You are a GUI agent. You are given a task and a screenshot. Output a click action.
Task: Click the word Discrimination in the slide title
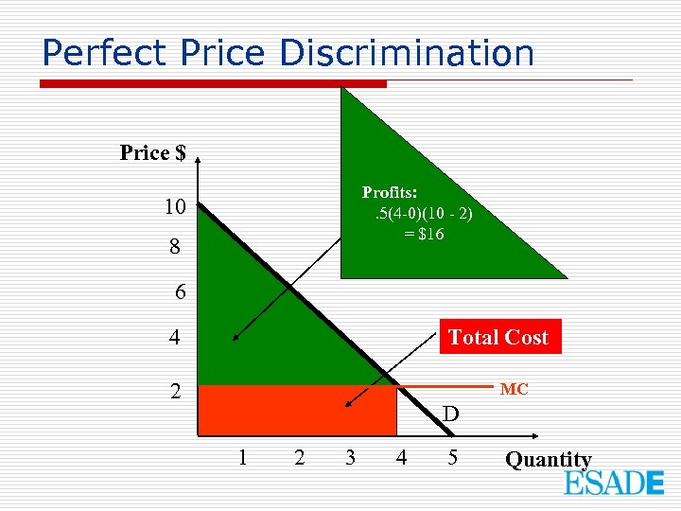click(407, 53)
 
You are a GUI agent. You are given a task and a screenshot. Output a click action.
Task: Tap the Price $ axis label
click(152, 152)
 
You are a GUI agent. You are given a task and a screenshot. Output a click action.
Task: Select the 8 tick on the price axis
click(176, 249)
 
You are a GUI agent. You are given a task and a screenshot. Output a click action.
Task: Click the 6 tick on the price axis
click(181, 292)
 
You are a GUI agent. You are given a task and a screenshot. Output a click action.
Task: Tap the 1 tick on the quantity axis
click(243, 458)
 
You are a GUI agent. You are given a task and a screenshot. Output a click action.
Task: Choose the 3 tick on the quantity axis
click(350, 458)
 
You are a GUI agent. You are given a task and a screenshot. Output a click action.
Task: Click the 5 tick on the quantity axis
click(452, 458)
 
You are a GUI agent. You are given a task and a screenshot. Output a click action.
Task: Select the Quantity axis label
click(548, 460)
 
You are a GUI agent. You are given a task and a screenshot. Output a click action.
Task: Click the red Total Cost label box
click(498, 337)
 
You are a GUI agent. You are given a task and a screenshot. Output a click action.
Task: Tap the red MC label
click(514, 389)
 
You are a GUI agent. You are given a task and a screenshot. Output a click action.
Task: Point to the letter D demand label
click(450, 414)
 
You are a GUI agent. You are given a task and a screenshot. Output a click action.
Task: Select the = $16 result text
click(424, 235)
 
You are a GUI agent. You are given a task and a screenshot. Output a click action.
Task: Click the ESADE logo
click(614, 483)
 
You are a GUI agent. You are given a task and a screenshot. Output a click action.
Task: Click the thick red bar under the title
click(213, 84)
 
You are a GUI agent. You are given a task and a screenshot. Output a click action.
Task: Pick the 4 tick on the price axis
click(176, 337)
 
